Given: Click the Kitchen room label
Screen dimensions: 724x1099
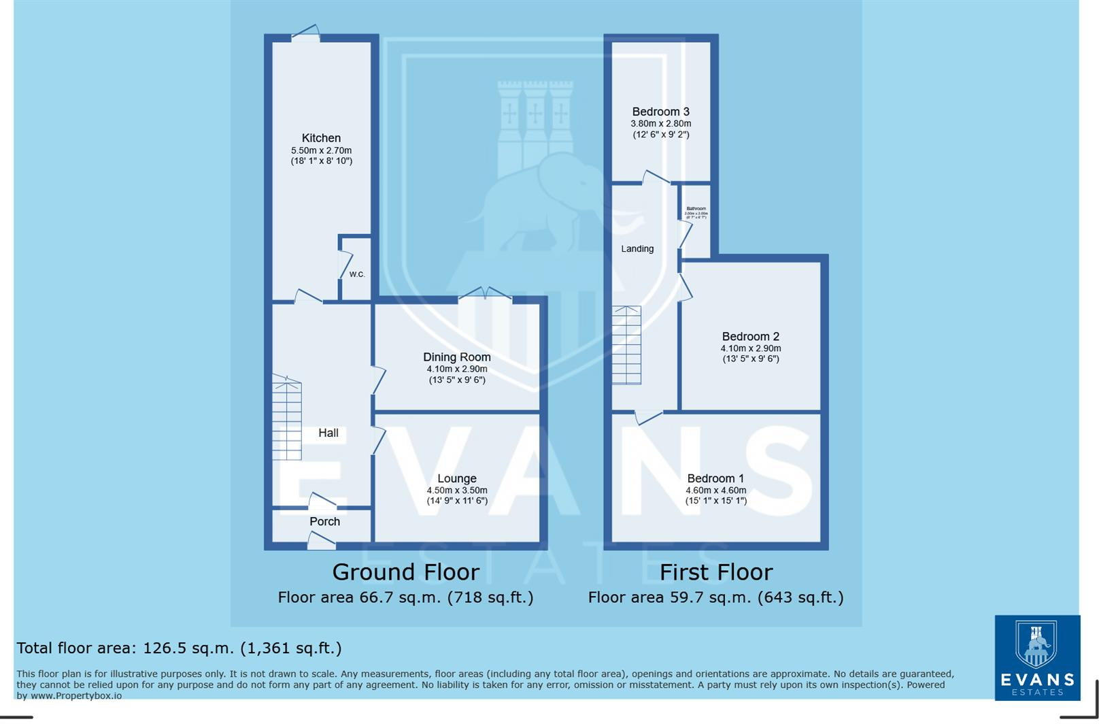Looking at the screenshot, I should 321,138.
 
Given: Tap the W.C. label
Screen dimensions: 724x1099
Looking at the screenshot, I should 357,274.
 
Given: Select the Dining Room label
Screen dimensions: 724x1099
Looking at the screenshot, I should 456,357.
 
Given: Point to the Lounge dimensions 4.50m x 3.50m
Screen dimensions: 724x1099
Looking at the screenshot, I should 456,490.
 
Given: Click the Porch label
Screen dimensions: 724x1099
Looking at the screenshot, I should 324,521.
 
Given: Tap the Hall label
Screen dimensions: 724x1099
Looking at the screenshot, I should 328,433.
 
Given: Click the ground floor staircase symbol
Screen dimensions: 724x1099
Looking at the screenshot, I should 286,418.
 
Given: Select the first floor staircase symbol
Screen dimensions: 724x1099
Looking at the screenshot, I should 626,345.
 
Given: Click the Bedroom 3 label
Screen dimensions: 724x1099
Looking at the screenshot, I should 660,112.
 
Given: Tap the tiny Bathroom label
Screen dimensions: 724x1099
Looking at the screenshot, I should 696,209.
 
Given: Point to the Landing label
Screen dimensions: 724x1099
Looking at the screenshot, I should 637,249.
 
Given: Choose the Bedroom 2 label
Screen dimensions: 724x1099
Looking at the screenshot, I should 750,336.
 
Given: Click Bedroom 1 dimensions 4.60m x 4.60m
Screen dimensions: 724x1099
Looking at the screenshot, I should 715,490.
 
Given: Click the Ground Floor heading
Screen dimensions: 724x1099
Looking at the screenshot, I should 405,572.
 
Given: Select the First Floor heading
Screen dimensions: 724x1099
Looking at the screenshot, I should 715,572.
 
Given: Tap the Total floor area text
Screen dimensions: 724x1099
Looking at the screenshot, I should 179,648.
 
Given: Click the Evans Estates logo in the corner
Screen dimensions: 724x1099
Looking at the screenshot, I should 1036,657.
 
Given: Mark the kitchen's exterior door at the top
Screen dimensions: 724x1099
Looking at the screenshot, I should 305,33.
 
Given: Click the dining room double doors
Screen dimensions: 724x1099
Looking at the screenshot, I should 485,295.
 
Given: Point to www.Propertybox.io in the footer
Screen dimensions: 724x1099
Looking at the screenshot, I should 76,695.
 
